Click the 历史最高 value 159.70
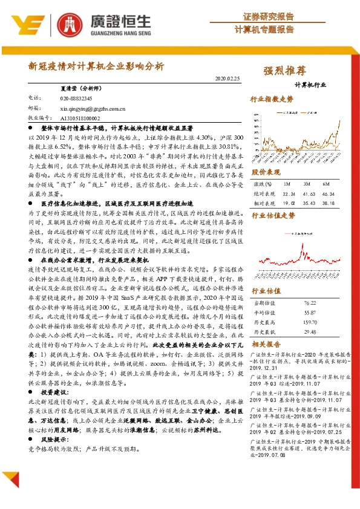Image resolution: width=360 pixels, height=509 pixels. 310,323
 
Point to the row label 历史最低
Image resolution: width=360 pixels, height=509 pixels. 266,332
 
